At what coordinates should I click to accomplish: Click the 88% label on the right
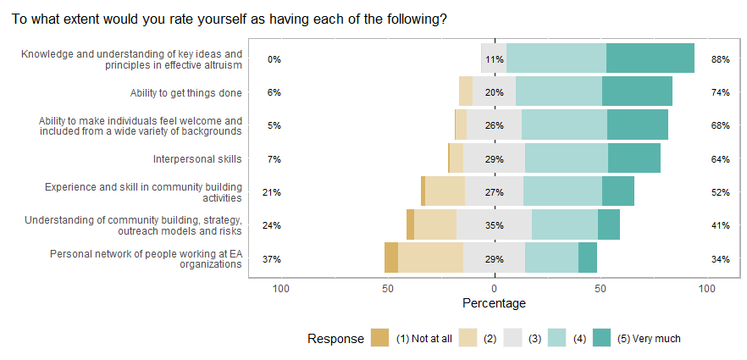tap(720, 59)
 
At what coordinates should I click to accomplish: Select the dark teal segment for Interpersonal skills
tap(634, 158)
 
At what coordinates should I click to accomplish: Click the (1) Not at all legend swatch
tap(380, 338)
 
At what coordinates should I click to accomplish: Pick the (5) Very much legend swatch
tap(601, 338)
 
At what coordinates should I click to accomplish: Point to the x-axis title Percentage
tap(494, 303)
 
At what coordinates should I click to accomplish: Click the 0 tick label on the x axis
tap(494, 288)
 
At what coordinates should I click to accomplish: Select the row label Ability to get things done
tap(186, 92)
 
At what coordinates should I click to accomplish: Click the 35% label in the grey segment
tap(494, 225)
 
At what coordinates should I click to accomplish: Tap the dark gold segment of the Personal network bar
tap(390, 258)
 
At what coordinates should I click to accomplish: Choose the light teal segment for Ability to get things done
tap(558, 91)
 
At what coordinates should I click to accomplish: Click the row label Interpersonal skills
tap(197, 158)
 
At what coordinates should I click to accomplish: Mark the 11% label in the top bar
tap(494, 59)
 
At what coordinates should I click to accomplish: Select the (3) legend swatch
tap(512, 338)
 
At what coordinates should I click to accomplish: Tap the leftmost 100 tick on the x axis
tap(281, 288)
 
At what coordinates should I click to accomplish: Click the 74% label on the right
tap(720, 92)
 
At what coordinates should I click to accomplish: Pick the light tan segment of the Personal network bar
tap(430, 258)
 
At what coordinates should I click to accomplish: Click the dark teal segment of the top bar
tap(650, 58)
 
